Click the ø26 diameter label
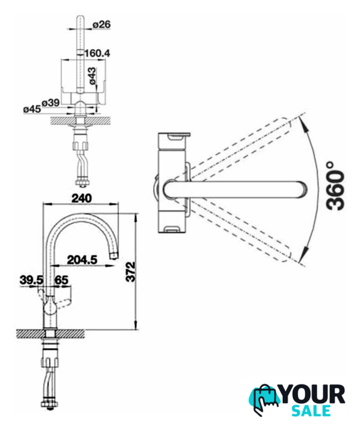pos(102,25)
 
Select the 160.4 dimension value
pos(98,53)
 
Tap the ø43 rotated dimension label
pos(92,76)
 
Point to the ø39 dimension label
pos(50,103)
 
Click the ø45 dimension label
pos(32,109)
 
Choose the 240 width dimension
pos(82,199)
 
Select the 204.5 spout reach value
pos(82,260)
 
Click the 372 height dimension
pos(131,272)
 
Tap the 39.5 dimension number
pos(31,280)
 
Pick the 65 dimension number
pos(62,280)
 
